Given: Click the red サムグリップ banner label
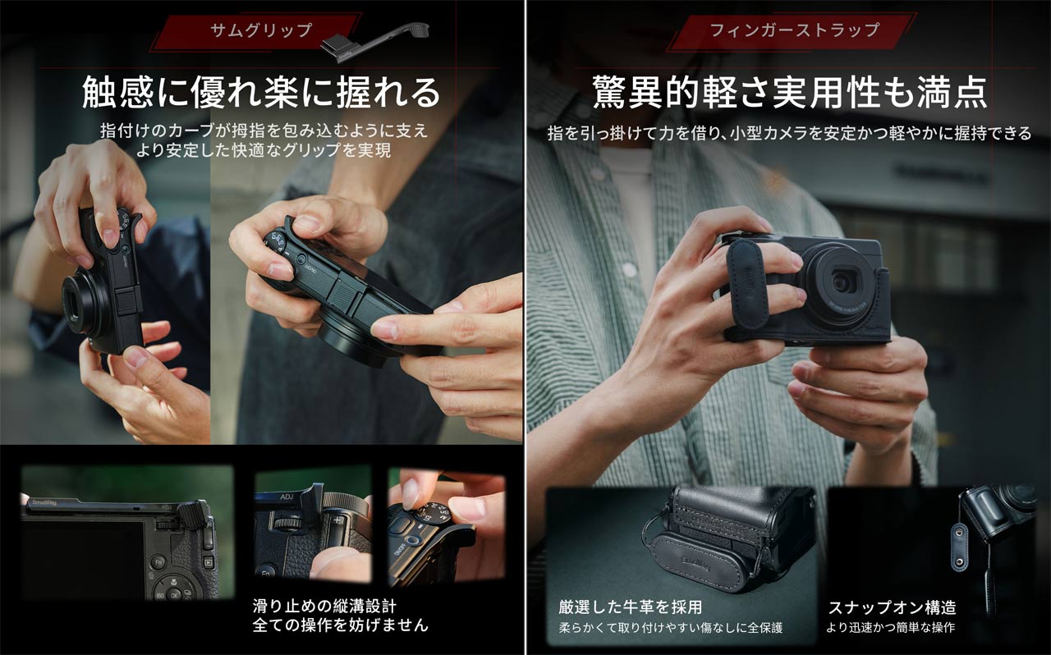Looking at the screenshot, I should pyautogui.click(x=260, y=30).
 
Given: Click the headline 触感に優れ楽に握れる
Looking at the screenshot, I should pyautogui.click(x=261, y=92).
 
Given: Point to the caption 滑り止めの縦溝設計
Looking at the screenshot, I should pyautogui.click(x=324, y=607).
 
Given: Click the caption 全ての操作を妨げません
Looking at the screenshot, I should pyautogui.click(x=340, y=625).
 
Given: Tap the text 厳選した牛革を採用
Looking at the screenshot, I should pyautogui.click(x=631, y=607).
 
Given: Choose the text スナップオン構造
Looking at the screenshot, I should pyautogui.click(x=891, y=607).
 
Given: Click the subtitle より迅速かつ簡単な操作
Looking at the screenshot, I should pyautogui.click(x=890, y=628).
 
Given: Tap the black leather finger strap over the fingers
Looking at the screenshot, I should pyautogui.click(x=746, y=283).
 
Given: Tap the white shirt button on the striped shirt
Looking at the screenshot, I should pyautogui.click(x=630, y=270).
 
